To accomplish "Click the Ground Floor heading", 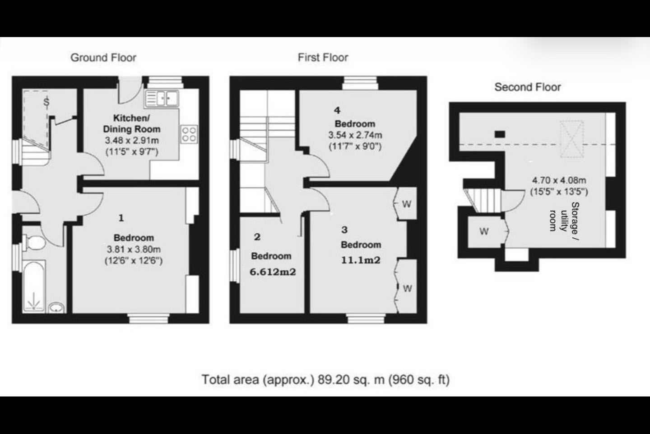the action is click(103, 57).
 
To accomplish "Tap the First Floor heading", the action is click(323, 57).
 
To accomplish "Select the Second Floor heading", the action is click(528, 87).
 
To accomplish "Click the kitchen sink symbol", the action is click(162, 99).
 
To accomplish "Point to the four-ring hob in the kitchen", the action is click(189, 134).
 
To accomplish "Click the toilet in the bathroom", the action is click(34, 243).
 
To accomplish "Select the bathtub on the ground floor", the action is click(34, 286).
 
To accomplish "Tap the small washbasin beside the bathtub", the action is click(56, 307).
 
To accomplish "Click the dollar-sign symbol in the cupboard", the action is click(46, 102).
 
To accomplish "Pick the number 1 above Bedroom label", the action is click(121, 218).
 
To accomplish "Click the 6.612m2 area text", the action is click(273, 272).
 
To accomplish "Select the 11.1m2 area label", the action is click(361, 260).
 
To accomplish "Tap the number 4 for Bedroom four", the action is click(337, 110).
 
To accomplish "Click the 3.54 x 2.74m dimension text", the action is click(355, 135).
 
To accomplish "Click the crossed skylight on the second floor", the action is click(571, 139).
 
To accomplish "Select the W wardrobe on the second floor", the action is click(484, 231).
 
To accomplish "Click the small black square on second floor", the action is click(500, 134).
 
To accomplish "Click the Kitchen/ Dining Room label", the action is click(132, 123).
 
